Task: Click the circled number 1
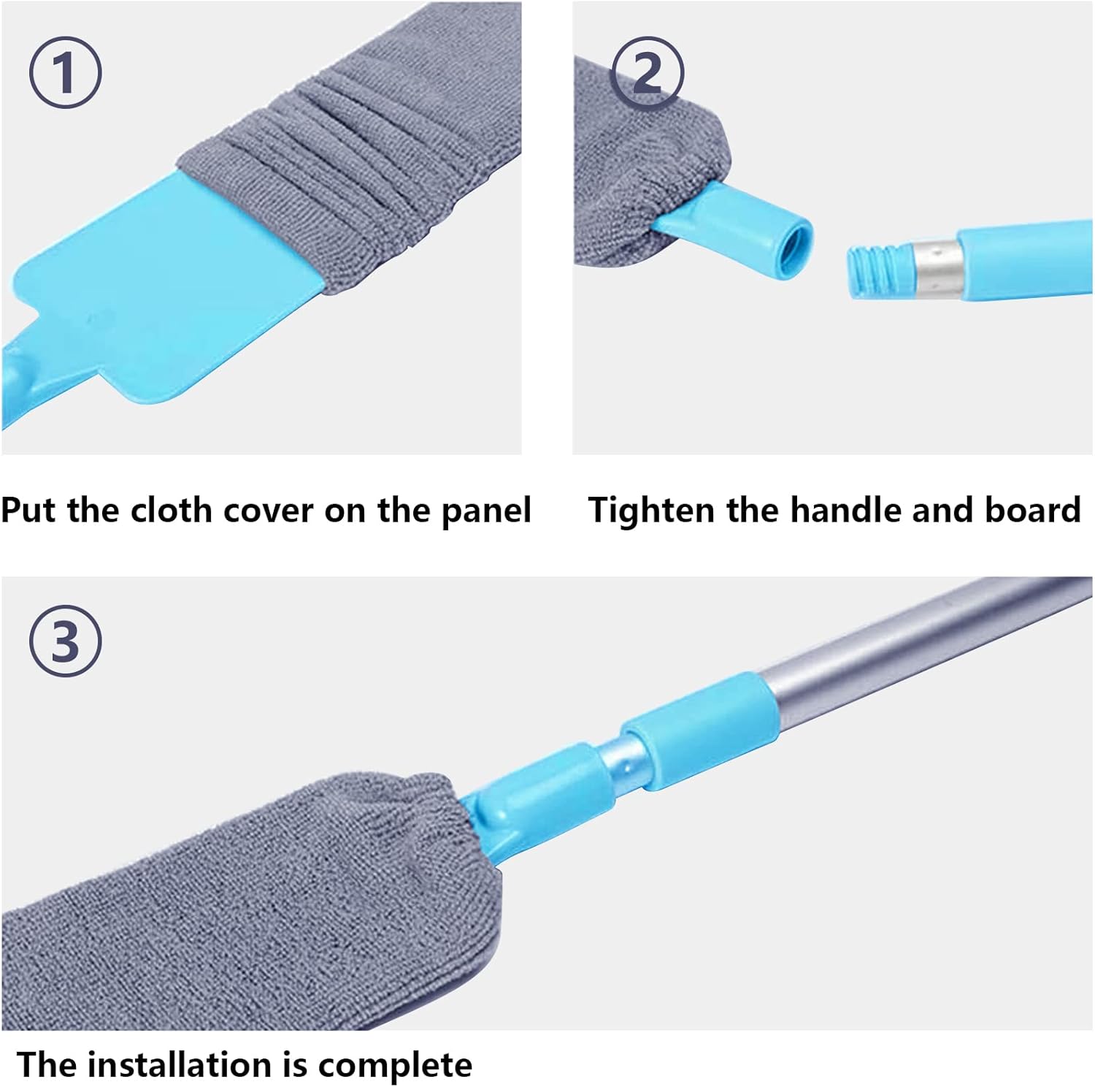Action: click(x=65, y=74)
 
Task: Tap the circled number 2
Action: click(x=648, y=74)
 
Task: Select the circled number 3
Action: click(x=65, y=642)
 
